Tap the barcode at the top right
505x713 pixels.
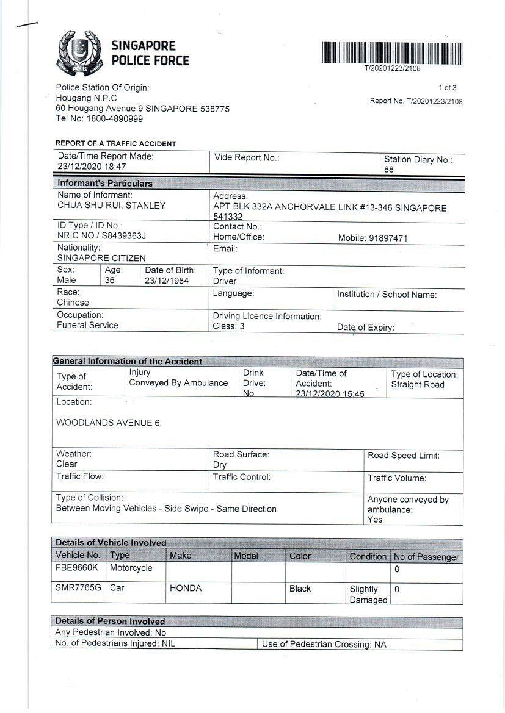click(392, 52)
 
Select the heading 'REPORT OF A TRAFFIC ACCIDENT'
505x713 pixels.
click(116, 144)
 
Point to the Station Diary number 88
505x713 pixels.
click(389, 170)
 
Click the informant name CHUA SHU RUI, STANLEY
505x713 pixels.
click(111, 206)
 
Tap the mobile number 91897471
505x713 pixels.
click(388, 238)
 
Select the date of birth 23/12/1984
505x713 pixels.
click(167, 281)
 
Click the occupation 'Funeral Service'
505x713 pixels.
click(87, 325)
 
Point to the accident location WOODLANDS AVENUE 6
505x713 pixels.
click(108, 423)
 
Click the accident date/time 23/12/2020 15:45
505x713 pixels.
click(330, 394)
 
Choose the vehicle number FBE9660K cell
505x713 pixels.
click(77, 568)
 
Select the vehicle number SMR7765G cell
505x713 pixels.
click(78, 589)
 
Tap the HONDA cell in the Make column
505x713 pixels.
click(186, 589)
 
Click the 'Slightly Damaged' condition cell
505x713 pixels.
click(368, 594)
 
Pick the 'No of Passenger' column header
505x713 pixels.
click(426, 557)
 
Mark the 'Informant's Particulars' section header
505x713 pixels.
click(105, 183)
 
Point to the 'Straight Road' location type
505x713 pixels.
click(418, 385)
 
